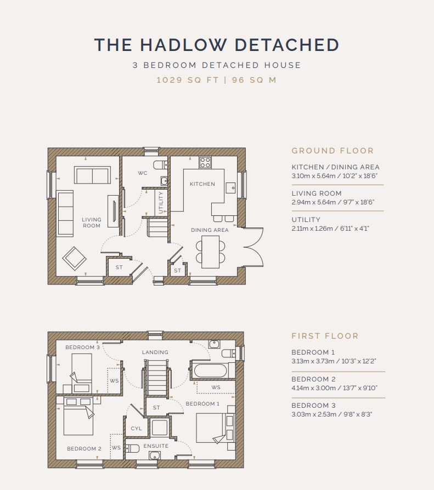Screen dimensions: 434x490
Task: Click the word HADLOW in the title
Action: (183, 45)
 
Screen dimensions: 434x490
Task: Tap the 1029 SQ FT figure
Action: (188, 80)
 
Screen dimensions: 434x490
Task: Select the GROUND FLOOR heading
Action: (332, 151)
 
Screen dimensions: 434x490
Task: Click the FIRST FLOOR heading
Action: (325, 336)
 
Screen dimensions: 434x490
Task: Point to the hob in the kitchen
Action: (205, 162)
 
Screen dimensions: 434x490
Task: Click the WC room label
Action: (142, 173)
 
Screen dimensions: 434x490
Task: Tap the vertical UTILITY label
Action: (161, 202)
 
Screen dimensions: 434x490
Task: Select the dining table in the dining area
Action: (210, 252)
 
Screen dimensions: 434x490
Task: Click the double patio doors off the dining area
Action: (253, 247)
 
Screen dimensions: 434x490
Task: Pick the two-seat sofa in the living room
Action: (92, 175)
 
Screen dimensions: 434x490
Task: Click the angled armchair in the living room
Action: (75, 259)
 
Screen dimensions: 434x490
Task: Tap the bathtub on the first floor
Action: (211, 371)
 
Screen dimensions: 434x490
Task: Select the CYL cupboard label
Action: (136, 429)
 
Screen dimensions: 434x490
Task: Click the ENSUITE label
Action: (156, 446)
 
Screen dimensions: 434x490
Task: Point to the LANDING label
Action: (155, 352)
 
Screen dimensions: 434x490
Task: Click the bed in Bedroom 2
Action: (78, 416)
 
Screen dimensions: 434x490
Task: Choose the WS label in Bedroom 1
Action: (216, 387)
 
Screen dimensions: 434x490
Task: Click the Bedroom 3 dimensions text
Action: (332, 414)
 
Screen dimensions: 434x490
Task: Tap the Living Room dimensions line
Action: (332, 202)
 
